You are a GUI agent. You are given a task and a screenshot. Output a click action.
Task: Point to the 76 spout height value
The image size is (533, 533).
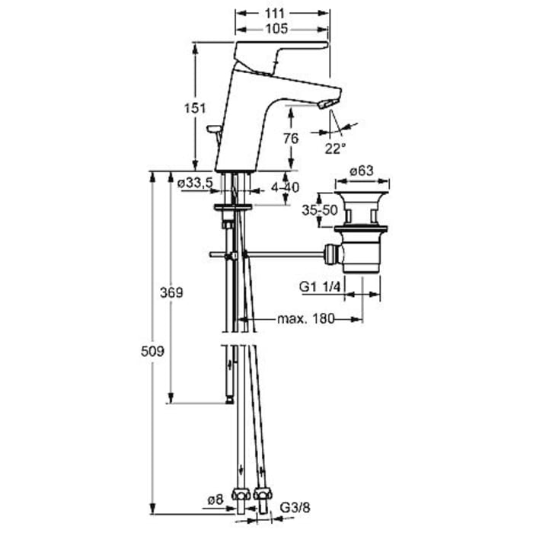coord(289,138)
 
